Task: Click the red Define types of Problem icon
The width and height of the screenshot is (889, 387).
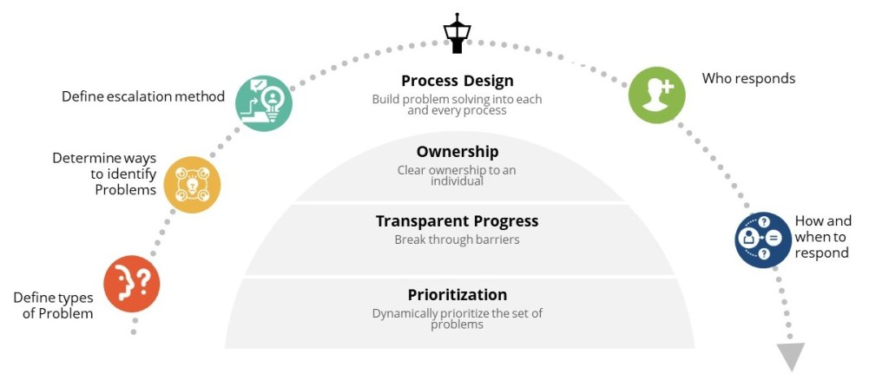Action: [x=131, y=284]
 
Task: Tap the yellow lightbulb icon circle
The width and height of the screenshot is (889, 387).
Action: [x=192, y=185]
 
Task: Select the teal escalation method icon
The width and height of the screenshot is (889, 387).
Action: [x=264, y=103]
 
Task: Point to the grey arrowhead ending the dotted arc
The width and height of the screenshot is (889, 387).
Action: [x=791, y=356]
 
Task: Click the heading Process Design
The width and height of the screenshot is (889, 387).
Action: [x=457, y=82]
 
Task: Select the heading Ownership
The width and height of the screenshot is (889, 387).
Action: [x=457, y=152]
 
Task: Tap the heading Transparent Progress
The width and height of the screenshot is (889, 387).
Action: [x=457, y=221]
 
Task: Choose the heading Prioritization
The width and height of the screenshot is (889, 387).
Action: [x=457, y=295]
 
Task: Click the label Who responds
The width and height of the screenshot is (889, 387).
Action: [x=748, y=79]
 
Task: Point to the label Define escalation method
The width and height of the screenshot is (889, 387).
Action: [x=143, y=96]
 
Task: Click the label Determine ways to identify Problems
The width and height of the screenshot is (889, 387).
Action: [x=104, y=174]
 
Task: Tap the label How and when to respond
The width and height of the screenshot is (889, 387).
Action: [x=821, y=237]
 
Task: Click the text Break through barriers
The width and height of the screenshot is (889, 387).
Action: [x=457, y=239]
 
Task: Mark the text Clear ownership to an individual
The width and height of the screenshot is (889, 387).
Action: [x=457, y=175]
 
